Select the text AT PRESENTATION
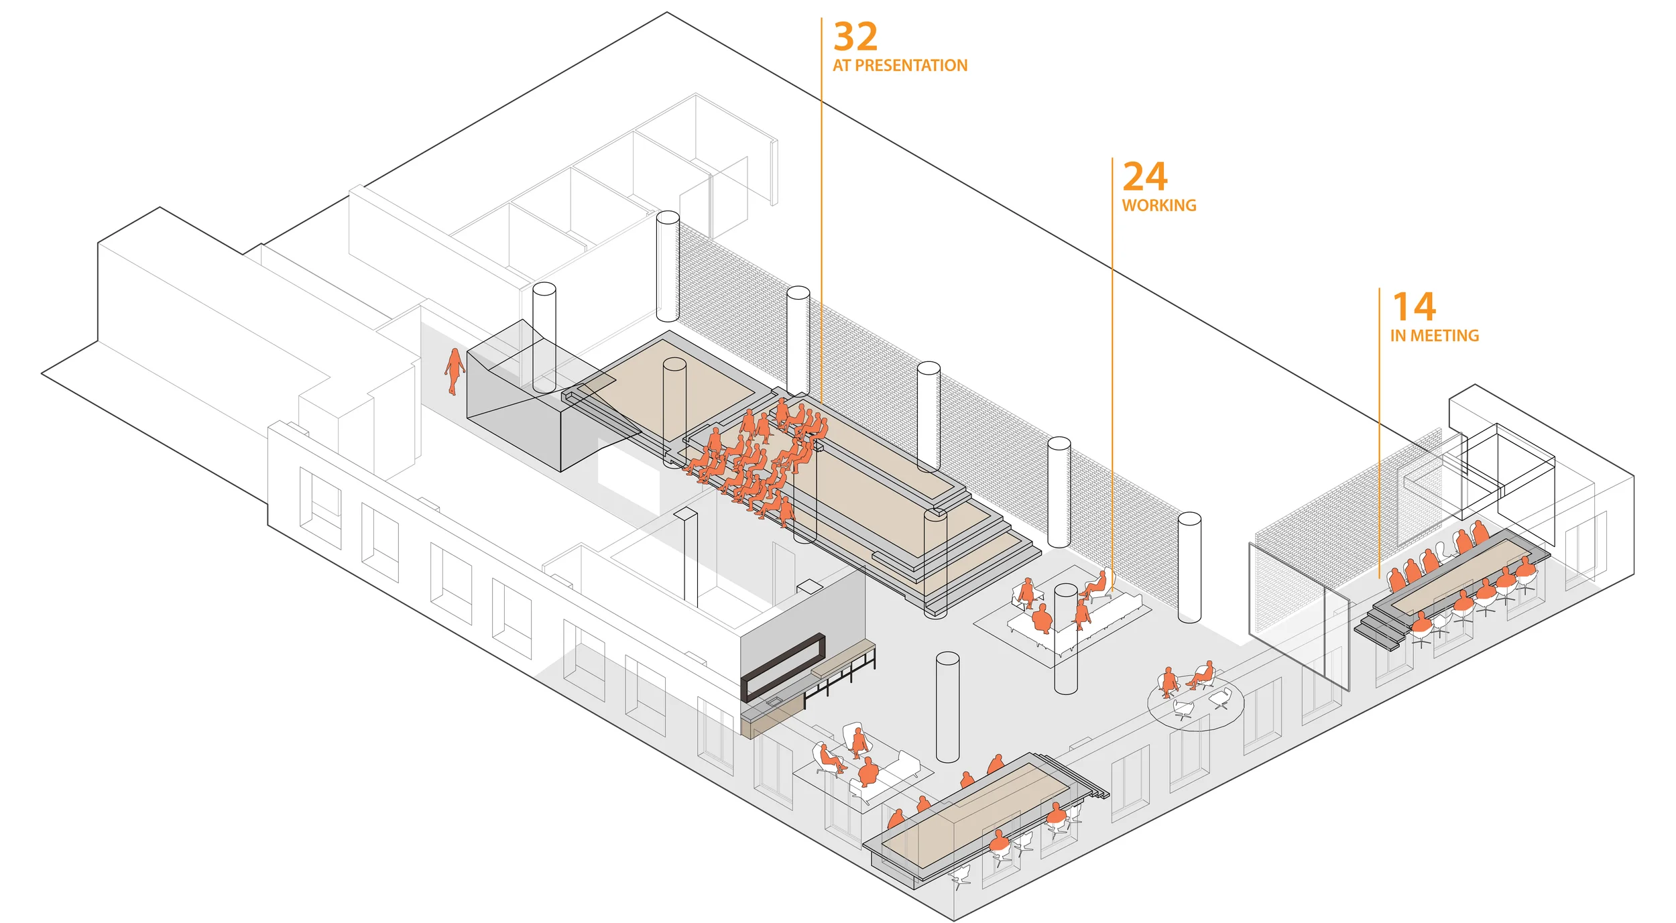click(900, 66)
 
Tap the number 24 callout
click(1145, 176)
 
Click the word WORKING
click(1159, 205)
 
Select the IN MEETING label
click(1434, 335)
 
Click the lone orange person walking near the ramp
click(455, 371)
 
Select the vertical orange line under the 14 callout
click(1379, 436)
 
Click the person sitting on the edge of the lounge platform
click(1097, 584)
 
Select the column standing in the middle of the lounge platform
click(1065, 637)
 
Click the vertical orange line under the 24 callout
click(1112, 375)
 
